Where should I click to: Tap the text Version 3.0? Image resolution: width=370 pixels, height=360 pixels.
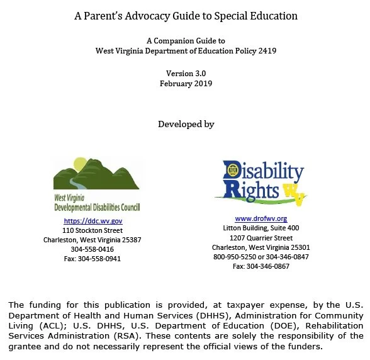[x=186, y=73]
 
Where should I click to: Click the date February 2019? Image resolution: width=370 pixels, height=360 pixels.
[x=186, y=83]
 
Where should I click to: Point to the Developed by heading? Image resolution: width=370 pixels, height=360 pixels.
[x=186, y=124]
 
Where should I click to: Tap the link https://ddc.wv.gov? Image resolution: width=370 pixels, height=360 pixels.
[x=92, y=221]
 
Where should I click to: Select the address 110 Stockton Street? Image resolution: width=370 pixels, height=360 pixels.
[x=92, y=230]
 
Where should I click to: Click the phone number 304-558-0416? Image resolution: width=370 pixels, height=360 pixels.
[x=92, y=249]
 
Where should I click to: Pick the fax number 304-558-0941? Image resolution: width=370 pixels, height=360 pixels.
[x=92, y=259]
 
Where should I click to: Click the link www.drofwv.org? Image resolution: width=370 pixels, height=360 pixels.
[x=261, y=218]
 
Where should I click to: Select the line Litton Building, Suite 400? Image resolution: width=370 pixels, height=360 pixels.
[x=261, y=228]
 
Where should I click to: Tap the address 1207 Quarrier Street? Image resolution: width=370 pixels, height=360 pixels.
[x=261, y=238]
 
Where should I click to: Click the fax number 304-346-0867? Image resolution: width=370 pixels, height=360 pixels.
[x=261, y=266]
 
